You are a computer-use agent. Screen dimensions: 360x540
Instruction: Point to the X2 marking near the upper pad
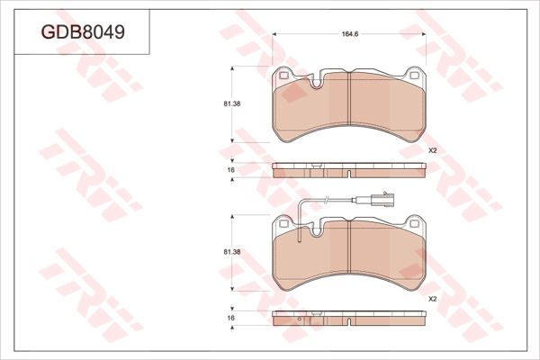tap(432, 149)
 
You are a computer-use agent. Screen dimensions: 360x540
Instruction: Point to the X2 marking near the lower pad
tap(432, 298)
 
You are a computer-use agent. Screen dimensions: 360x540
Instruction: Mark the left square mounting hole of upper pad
tap(284, 76)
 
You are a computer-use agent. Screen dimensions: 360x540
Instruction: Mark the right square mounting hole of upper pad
tap(413, 76)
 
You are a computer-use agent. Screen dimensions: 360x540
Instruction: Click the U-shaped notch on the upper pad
tap(318, 83)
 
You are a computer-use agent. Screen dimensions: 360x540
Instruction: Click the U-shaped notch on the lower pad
tap(318, 232)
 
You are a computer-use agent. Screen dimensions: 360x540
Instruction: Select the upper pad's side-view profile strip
tap(348, 170)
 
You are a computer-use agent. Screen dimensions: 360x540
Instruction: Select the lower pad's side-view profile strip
tap(348, 318)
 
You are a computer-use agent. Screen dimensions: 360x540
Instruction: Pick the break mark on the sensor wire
tap(328, 200)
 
